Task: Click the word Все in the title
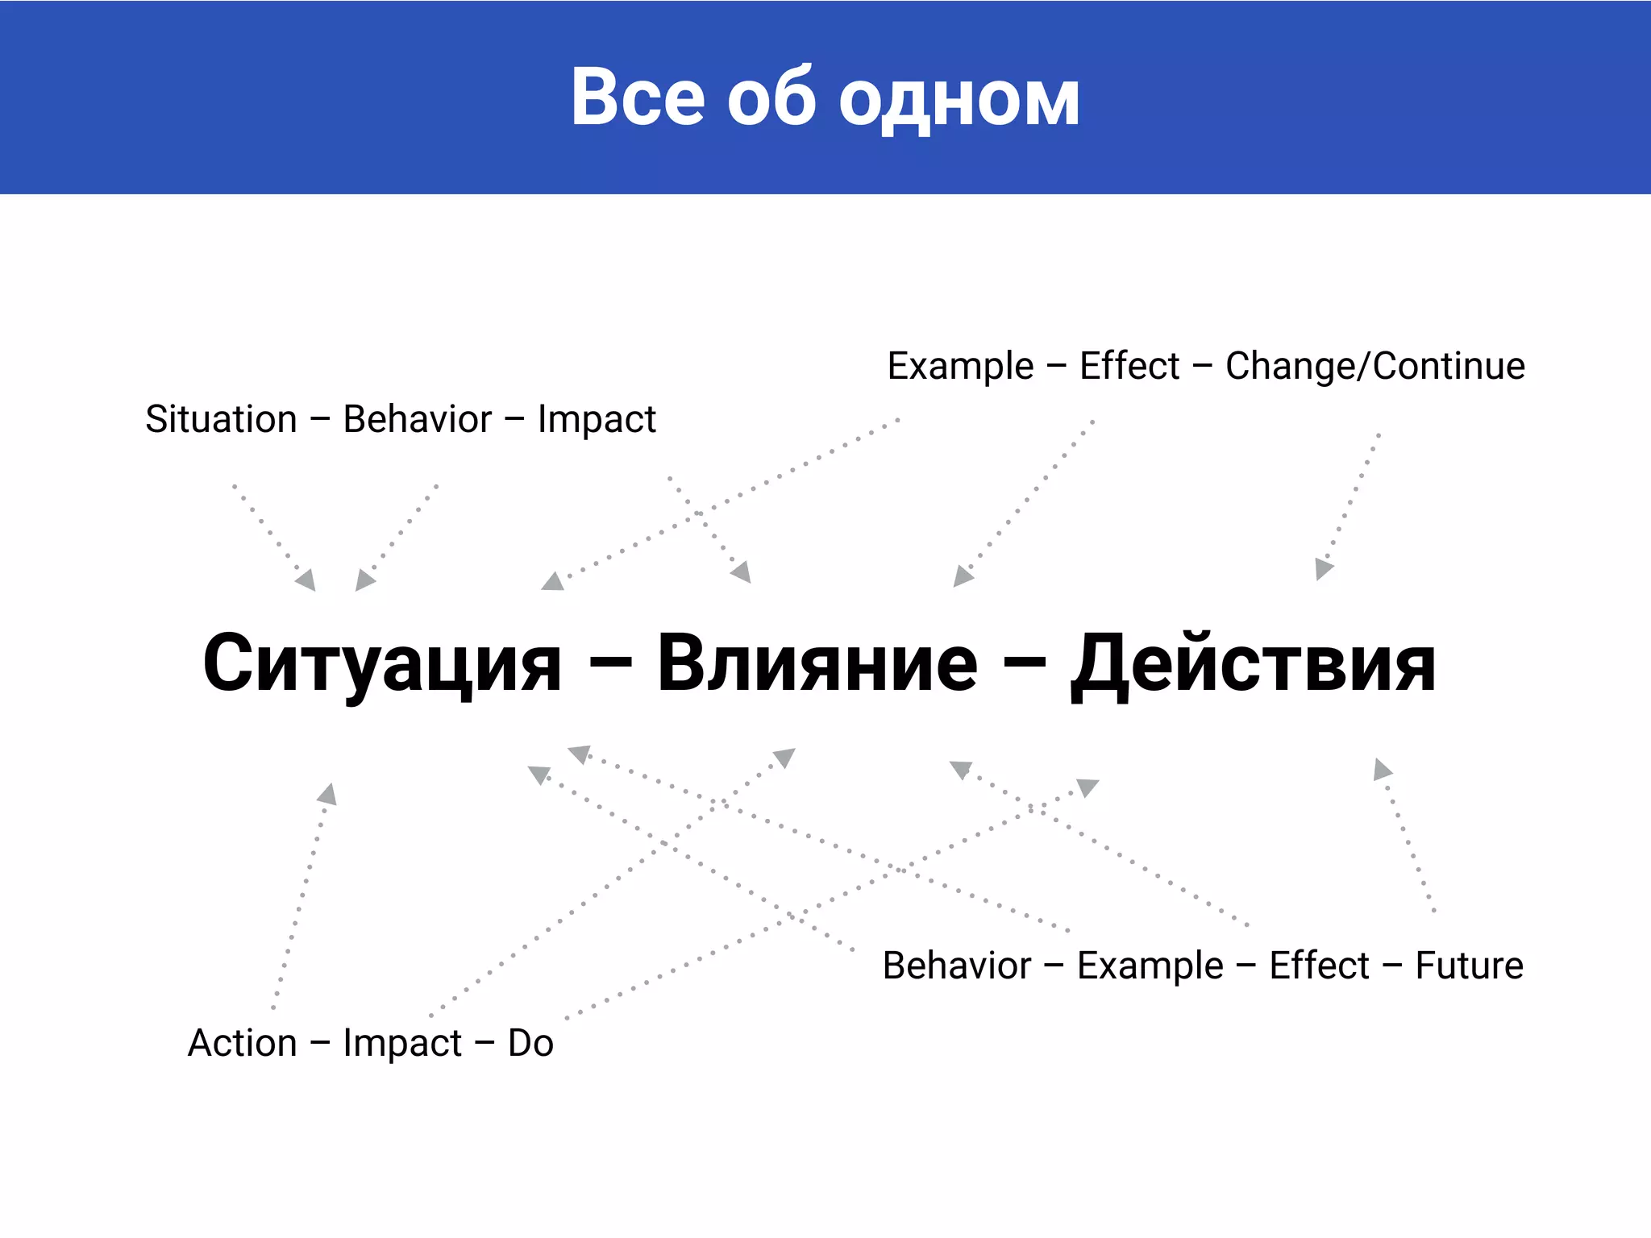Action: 638,98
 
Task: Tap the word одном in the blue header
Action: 959,100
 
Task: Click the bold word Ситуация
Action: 382,664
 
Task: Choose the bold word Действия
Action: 1253,664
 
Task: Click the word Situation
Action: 221,419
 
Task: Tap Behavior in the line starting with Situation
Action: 417,419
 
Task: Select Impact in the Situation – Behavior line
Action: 597,420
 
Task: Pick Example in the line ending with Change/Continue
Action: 960,366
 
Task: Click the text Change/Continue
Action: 1375,366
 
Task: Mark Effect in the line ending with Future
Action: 1319,965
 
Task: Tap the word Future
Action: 1469,965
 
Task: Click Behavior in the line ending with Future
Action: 957,965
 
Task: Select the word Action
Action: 242,1043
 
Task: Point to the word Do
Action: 530,1043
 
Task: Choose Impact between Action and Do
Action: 401,1043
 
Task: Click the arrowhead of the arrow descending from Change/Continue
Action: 1323,569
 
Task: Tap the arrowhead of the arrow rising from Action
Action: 327,794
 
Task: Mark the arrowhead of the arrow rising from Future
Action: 1382,769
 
